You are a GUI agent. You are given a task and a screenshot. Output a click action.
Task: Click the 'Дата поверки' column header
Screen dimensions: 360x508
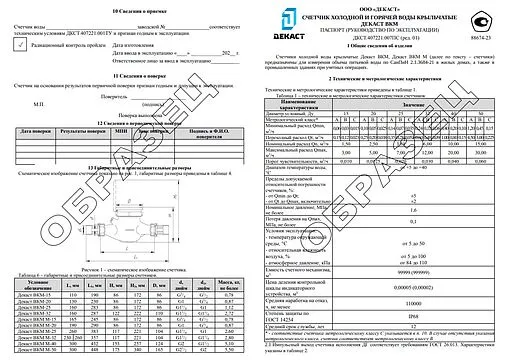click(36, 132)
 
